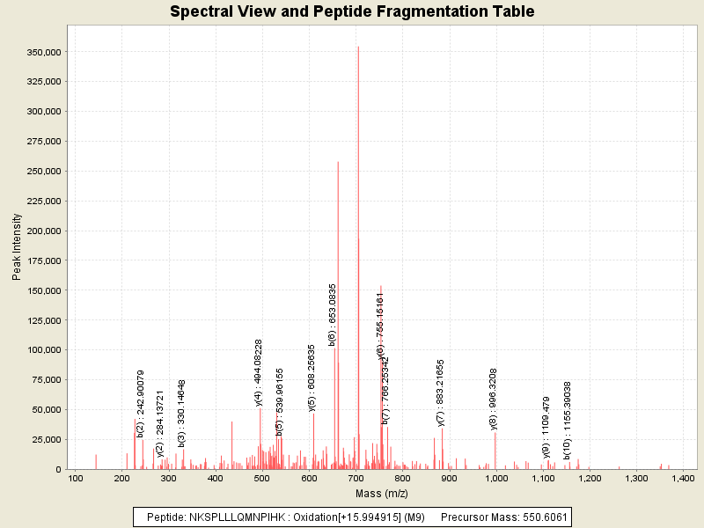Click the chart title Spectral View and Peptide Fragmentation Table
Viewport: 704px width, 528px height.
(x=352, y=11)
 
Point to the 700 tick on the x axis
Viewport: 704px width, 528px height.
(x=356, y=478)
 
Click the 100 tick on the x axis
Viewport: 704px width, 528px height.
(x=76, y=478)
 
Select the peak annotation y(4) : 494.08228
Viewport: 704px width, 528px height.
(x=260, y=373)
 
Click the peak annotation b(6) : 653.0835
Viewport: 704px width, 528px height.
(x=333, y=314)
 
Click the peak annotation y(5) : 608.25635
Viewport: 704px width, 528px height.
(x=312, y=378)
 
